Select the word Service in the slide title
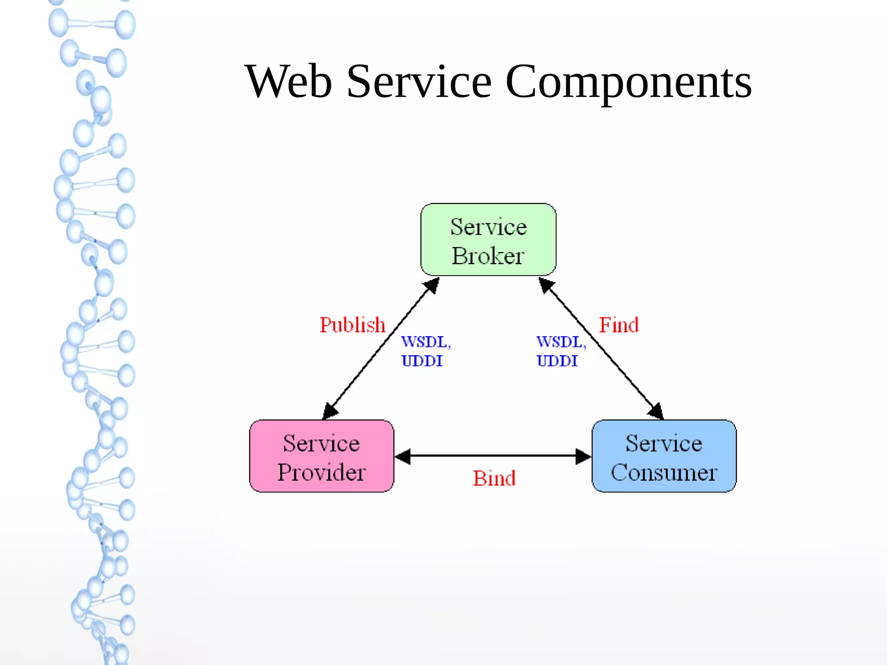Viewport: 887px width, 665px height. point(419,81)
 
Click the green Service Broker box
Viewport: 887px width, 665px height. point(488,240)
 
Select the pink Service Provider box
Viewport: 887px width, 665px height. point(321,456)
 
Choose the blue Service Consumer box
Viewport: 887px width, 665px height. point(664,456)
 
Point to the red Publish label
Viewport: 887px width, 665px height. point(352,325)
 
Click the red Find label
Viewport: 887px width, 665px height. point(618,325)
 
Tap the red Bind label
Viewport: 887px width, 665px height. point(494,479)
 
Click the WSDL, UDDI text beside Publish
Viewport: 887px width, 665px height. point(425,351)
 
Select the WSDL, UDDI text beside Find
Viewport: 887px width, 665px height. point(560,351)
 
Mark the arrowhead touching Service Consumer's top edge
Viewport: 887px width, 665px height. point(656,411)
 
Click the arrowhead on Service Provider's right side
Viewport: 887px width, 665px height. point(403,456)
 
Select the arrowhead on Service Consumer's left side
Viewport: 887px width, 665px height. point(583,456)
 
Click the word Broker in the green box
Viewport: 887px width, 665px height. point(488,256)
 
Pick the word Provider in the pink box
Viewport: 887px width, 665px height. point(321,472)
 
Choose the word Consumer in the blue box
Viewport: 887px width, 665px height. point(664,472)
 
